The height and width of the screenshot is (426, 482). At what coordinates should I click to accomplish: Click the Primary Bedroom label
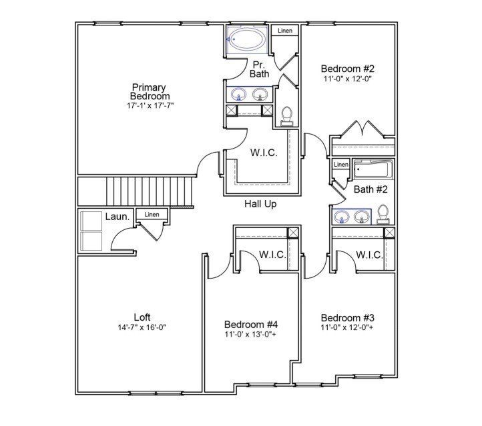tap(149, 92)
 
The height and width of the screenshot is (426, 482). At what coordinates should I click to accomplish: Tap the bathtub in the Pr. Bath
tap(246, 39)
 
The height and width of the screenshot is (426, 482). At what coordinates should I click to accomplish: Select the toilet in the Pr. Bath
tap(287, 115)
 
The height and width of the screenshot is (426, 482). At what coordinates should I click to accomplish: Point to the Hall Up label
tap(261, 204)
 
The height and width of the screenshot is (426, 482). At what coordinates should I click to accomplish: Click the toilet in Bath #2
tap(383, 213)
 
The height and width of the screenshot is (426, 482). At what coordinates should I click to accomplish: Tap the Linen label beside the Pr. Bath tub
tap(285, 31)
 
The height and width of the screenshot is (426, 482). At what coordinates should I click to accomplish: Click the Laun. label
tap(117, 217)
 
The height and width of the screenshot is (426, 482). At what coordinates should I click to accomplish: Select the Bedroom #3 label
tap(346, 317)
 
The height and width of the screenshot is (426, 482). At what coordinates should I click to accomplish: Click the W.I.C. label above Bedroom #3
tap(369, 255)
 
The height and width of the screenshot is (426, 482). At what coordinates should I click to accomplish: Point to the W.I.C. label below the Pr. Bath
tap(264, 153)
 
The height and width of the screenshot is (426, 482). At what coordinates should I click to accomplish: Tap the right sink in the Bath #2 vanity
tap(363, 216)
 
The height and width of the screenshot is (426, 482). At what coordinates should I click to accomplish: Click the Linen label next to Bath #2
tap(340, 164)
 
